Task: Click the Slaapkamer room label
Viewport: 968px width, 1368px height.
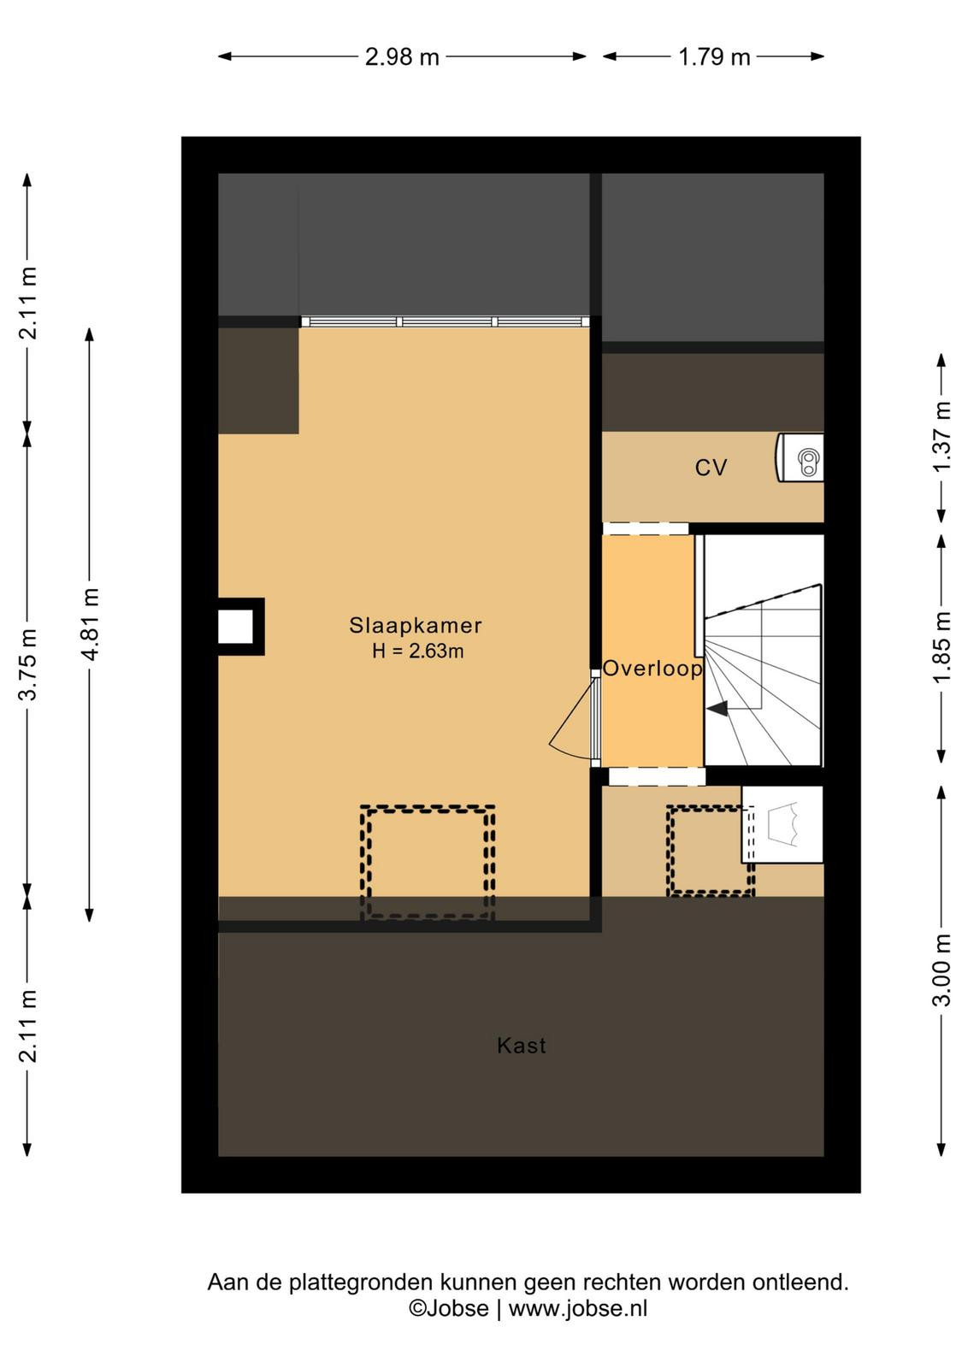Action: (x=416, y=625)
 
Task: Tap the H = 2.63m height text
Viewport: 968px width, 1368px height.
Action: (x=418, y=652)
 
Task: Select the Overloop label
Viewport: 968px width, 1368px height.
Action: (x=652, y=669)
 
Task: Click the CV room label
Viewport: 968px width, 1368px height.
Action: (x=711, y=468)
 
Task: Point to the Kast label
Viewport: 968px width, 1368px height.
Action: (x=521, y=1046)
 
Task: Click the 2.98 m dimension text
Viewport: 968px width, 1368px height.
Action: (x=402, y=56)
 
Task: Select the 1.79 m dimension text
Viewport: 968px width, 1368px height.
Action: (x=714, y=56)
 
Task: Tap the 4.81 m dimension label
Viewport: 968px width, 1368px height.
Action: (x=90, y=624)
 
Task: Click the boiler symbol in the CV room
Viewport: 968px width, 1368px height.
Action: (x=800, y=457)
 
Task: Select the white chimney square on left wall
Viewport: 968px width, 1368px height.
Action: (x=236, y=627)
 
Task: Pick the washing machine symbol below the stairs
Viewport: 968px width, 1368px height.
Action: (x=782, y=824)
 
